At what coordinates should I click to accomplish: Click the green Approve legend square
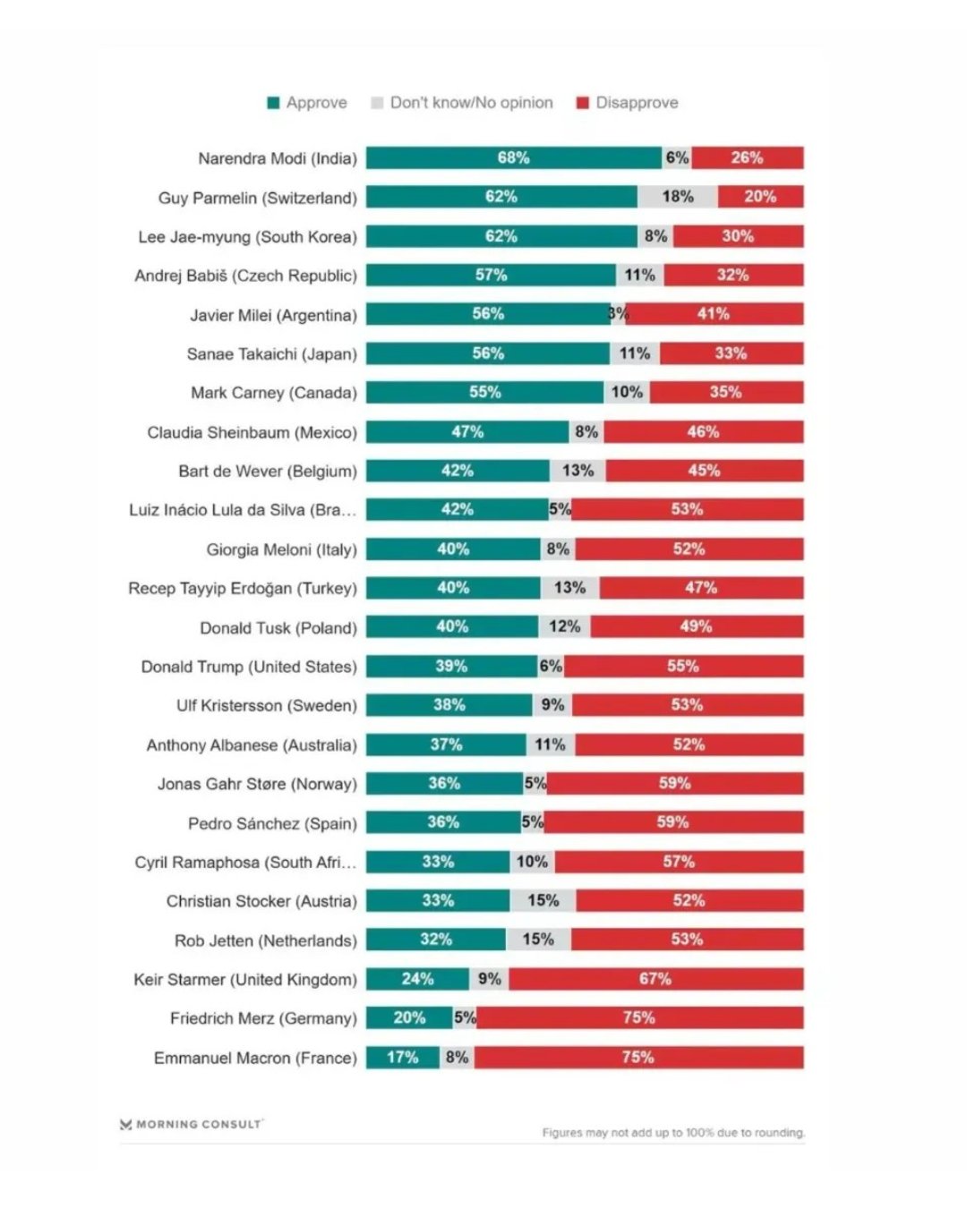click(x=274, y=103)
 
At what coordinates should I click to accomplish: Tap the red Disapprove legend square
click(x=582, y=103)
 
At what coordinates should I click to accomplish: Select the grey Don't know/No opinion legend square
click(x=377, y=103)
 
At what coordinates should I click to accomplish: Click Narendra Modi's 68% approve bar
click(x=513, y=158)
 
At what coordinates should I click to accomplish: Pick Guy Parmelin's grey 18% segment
click(x=678, y=197)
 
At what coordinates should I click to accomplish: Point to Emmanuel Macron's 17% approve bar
click(x=403, y=1058)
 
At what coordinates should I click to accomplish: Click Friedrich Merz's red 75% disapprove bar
click(x=639, y=1018)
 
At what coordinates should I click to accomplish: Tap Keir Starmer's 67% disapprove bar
click(x=655, y=979)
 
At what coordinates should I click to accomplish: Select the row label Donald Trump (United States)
click(x=249, y=667)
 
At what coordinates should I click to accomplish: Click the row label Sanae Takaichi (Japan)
click(x=271, y=354)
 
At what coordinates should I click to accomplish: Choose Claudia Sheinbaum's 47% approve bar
click(x=467, y=432)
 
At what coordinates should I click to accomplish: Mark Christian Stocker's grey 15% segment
click(x=543, y=901)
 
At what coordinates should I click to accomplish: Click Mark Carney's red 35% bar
click(x=726, y=393)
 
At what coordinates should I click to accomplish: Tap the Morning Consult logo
click(x=192, y=1124)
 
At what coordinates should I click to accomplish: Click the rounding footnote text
click(x=673, y=1133)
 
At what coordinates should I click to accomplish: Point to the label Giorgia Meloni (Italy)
click(x=281, y=549)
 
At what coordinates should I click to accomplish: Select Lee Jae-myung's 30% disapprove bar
click(x=738, y=236)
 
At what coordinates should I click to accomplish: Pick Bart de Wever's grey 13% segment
click(x=578, y=471)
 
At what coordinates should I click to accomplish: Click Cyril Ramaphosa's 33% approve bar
click(x=438, y=862)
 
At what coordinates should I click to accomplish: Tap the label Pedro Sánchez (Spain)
click(x=272, y=823)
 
